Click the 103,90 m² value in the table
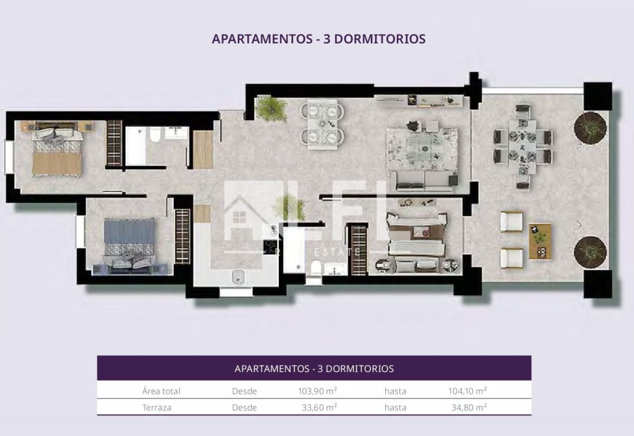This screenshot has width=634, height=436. point(317,391)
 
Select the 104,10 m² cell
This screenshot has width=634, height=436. point(468,391)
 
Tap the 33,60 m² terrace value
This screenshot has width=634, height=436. point(319,407)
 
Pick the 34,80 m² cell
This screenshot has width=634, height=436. point(469,407)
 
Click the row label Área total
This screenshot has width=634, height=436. point(161,391)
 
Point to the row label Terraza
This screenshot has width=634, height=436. point(157,408)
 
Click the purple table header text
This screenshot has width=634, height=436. point(314,369)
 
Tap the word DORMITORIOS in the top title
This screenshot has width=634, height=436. point(380,39)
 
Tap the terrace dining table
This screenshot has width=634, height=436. point(523,147)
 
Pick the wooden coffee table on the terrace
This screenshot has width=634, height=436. point(540,241)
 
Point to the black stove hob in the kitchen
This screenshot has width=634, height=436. point(271,246)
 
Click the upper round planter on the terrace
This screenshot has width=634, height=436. point(590,128)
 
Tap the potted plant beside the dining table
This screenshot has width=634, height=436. point(270,108)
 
